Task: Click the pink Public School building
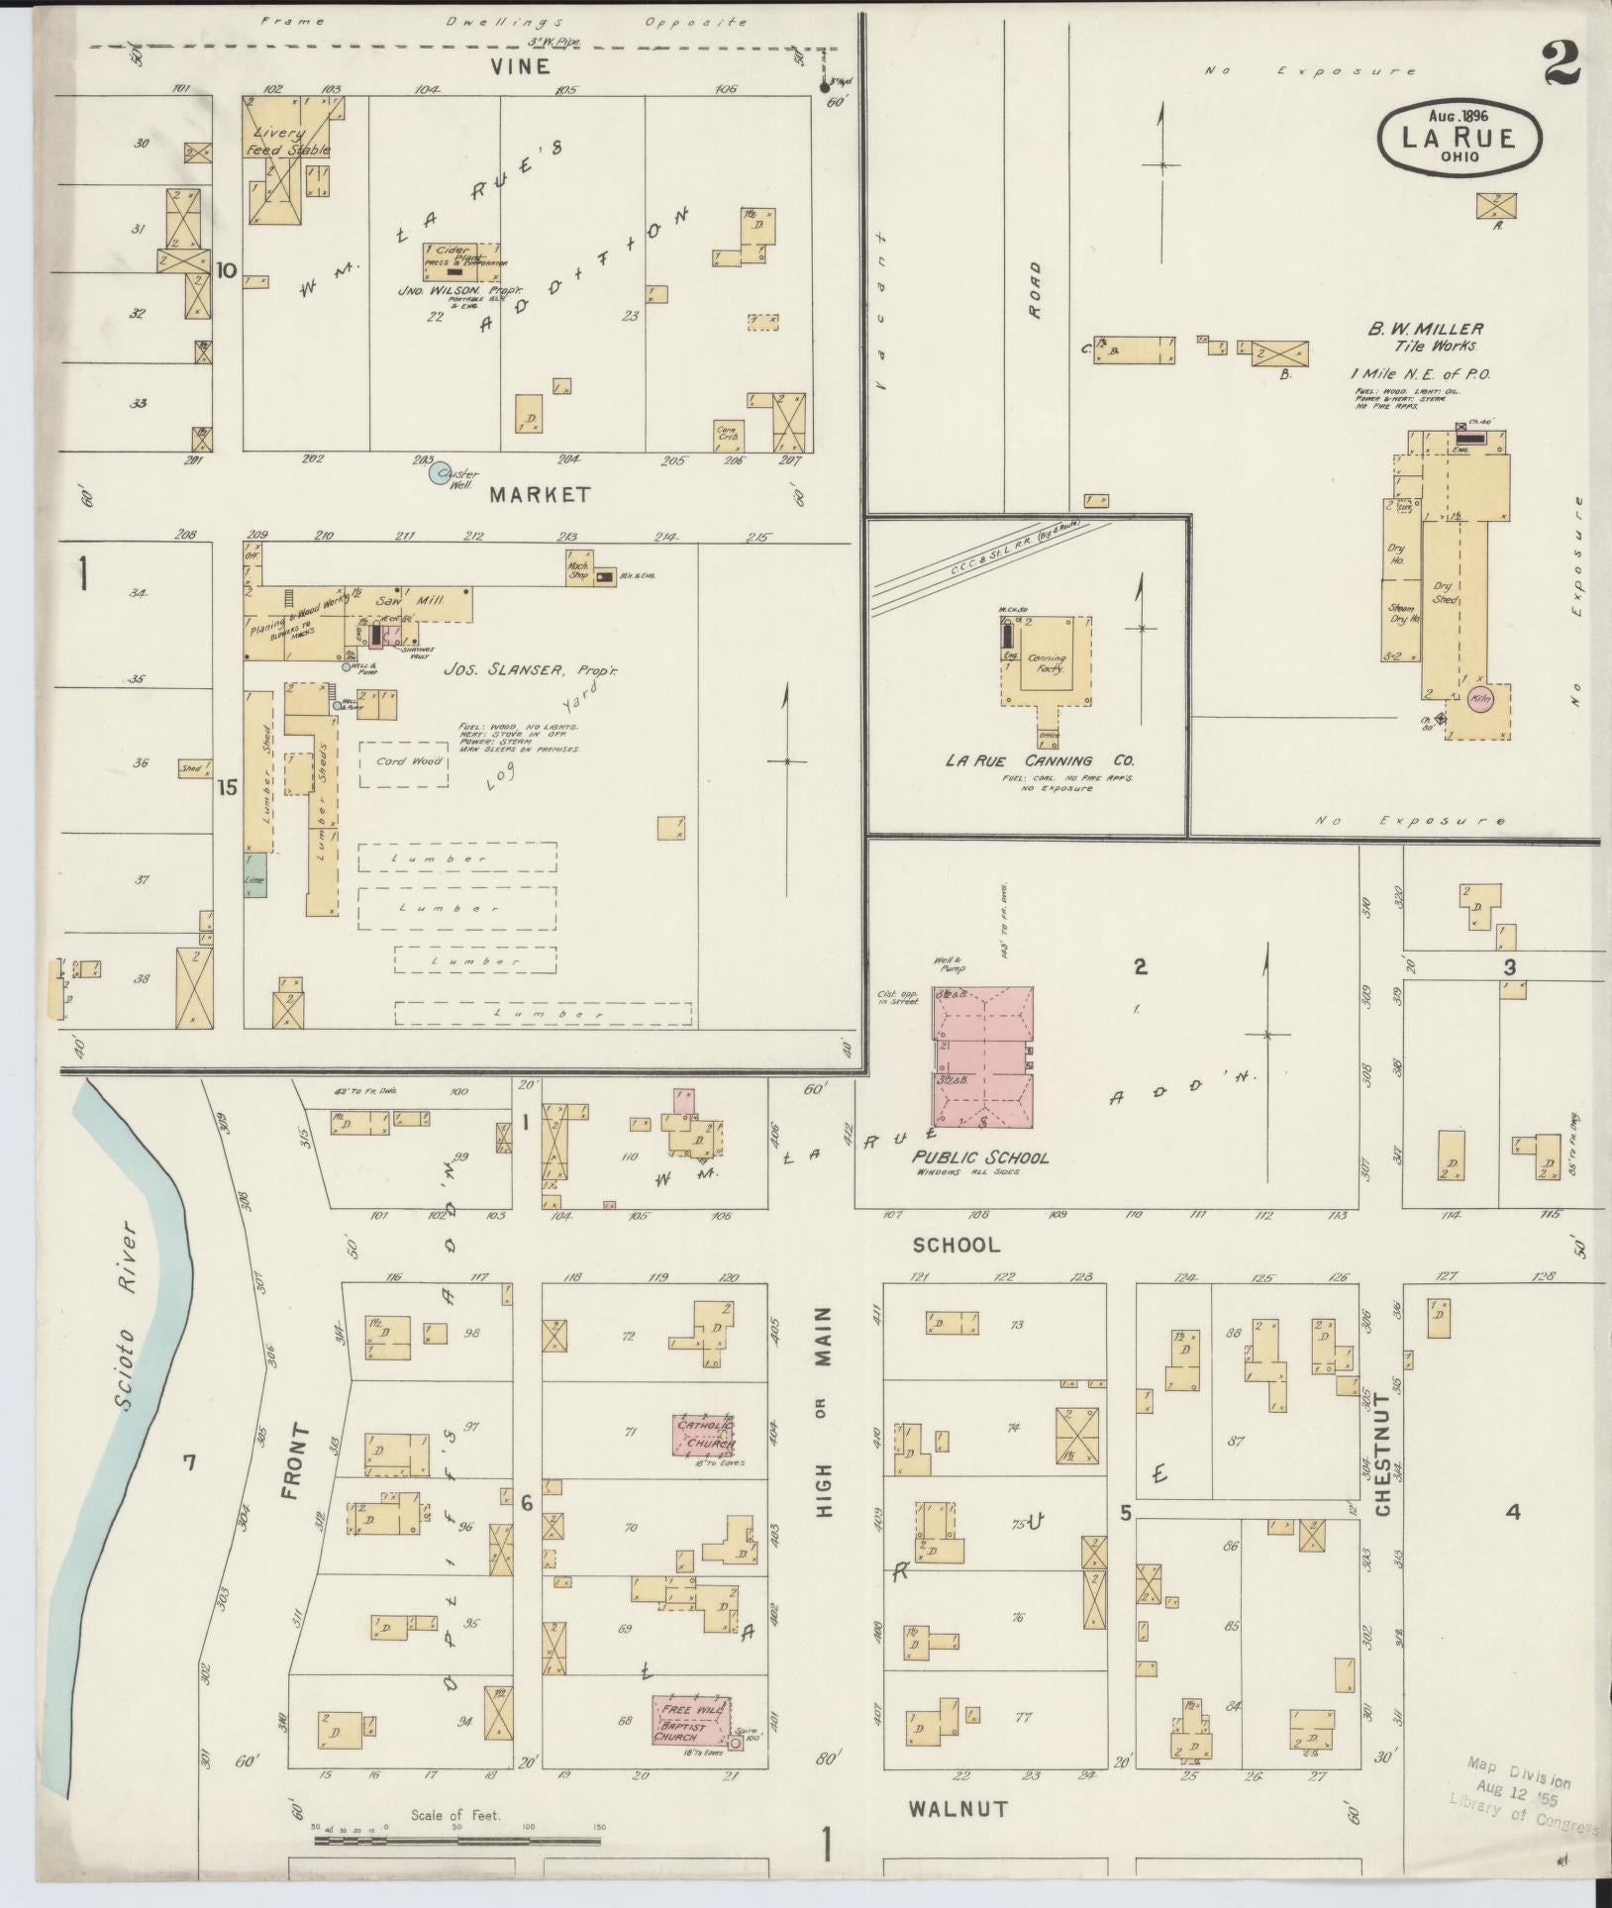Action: tap(984, 1055)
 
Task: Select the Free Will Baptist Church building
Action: tap(691, 1721)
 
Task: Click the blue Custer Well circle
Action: tap(440, 473)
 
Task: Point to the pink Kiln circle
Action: tap(1480, 699)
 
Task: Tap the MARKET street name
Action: tap(540, 494)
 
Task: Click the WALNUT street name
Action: tap(957, 1809)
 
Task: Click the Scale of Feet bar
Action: tap(457, 1842)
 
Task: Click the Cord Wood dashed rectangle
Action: tap(403, 763)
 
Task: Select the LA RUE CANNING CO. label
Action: tap(1039, 760)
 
